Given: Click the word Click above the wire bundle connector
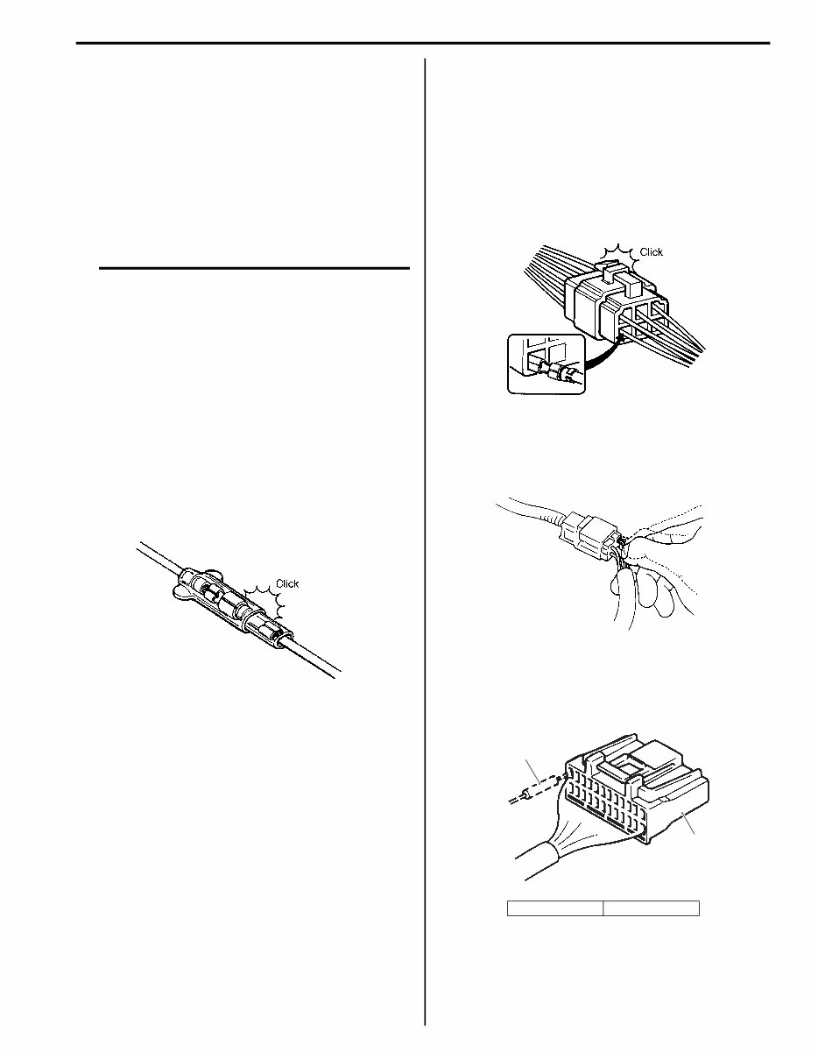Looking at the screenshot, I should [652, 252].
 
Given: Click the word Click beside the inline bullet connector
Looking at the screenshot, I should [288, 583].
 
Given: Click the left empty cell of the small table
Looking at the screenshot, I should [555, 907].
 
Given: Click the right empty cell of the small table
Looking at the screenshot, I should [652, 907].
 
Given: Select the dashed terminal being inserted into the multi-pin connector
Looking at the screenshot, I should [539, 790].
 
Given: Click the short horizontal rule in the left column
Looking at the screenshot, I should [254, 269].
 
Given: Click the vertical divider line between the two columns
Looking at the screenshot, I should [425, 526].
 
